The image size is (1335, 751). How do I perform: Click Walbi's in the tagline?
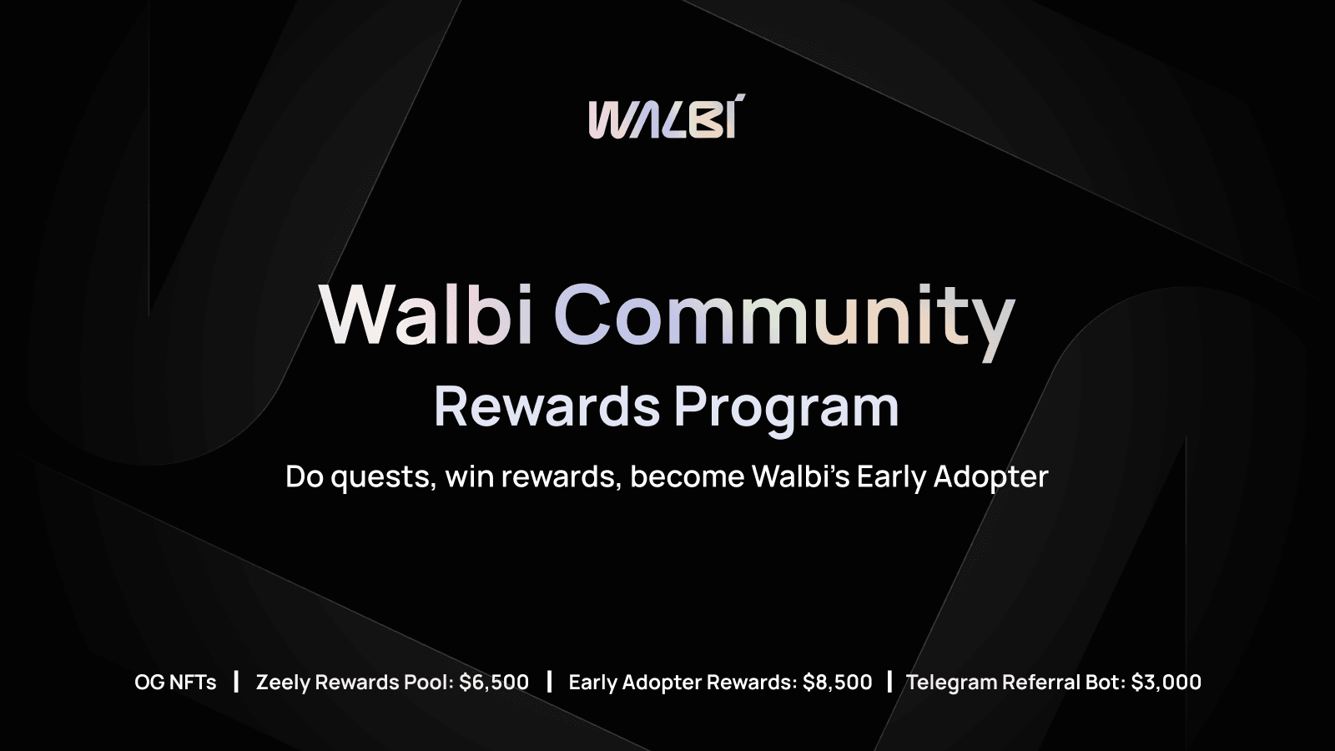800,476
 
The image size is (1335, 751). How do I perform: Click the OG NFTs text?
175,682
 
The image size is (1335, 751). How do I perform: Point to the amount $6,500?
494,683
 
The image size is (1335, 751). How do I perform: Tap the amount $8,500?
838,683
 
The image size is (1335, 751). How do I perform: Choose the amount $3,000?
1166,683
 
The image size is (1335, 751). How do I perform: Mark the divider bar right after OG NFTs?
237,682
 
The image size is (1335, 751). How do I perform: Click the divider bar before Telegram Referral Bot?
889,682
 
